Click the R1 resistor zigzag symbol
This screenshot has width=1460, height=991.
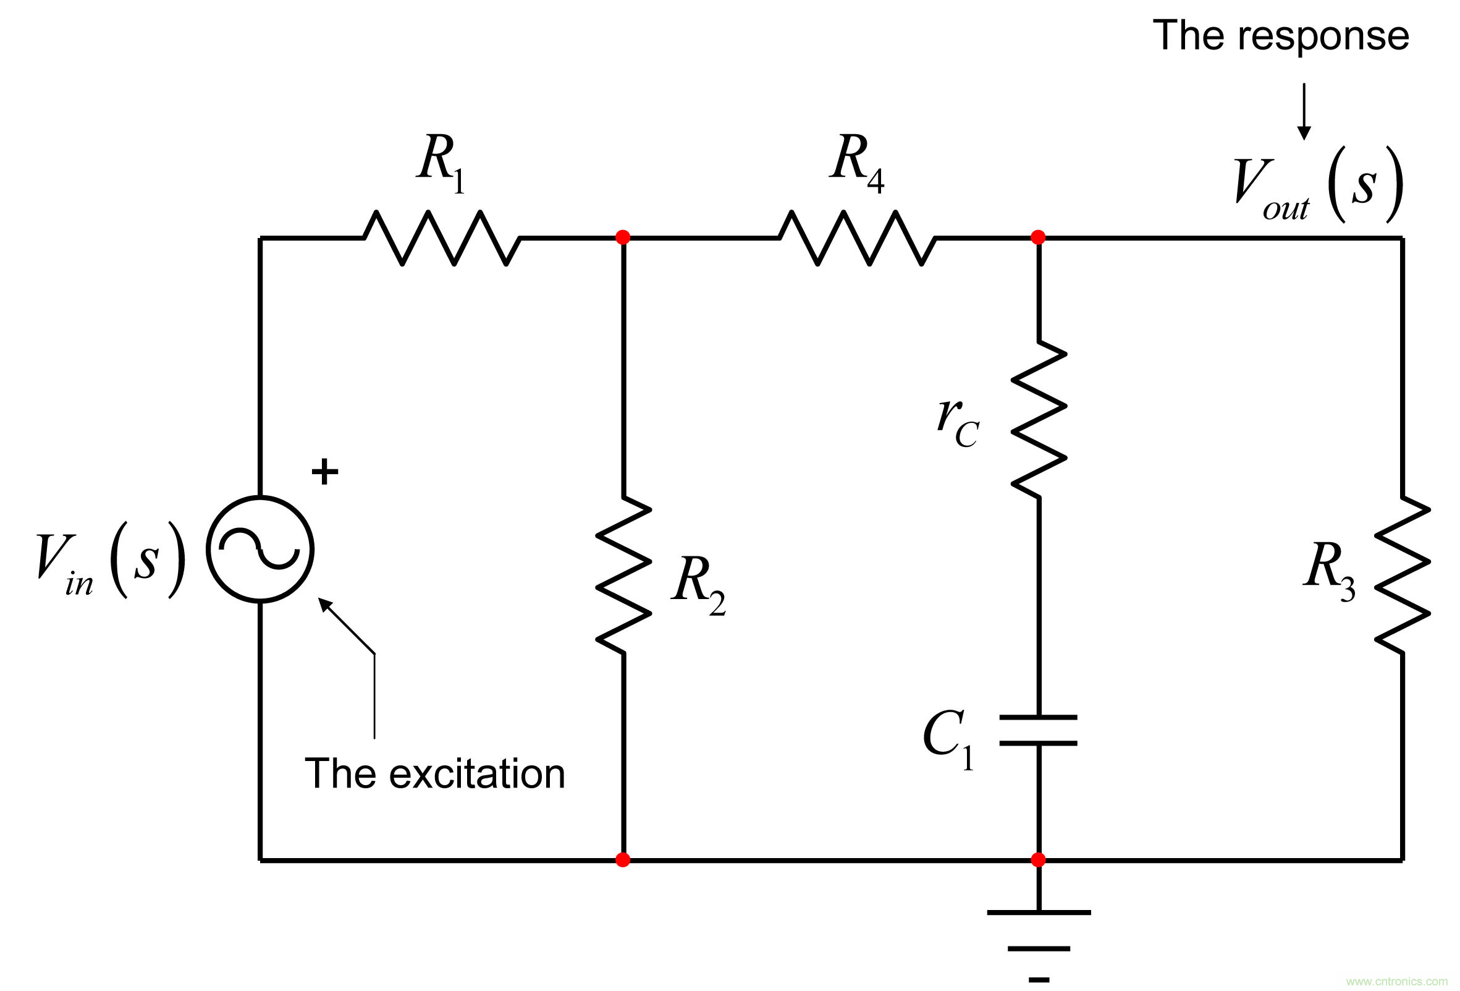442,237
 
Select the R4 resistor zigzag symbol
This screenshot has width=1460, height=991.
857,237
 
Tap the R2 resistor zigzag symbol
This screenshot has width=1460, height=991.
623,574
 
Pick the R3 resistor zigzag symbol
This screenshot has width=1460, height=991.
1402,574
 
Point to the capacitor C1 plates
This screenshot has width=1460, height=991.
1039,729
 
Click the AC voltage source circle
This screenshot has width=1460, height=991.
260,549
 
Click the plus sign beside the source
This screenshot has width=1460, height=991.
325,472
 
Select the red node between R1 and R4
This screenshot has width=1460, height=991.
623,237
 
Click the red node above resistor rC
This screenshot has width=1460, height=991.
1038,237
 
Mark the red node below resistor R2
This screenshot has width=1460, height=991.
623,860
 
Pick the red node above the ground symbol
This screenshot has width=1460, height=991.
1038,860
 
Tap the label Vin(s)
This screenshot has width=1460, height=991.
111,561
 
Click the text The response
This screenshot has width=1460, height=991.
1280,36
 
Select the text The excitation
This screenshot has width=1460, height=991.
435,773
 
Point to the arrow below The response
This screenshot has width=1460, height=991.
1304,111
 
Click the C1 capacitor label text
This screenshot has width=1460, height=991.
948,740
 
